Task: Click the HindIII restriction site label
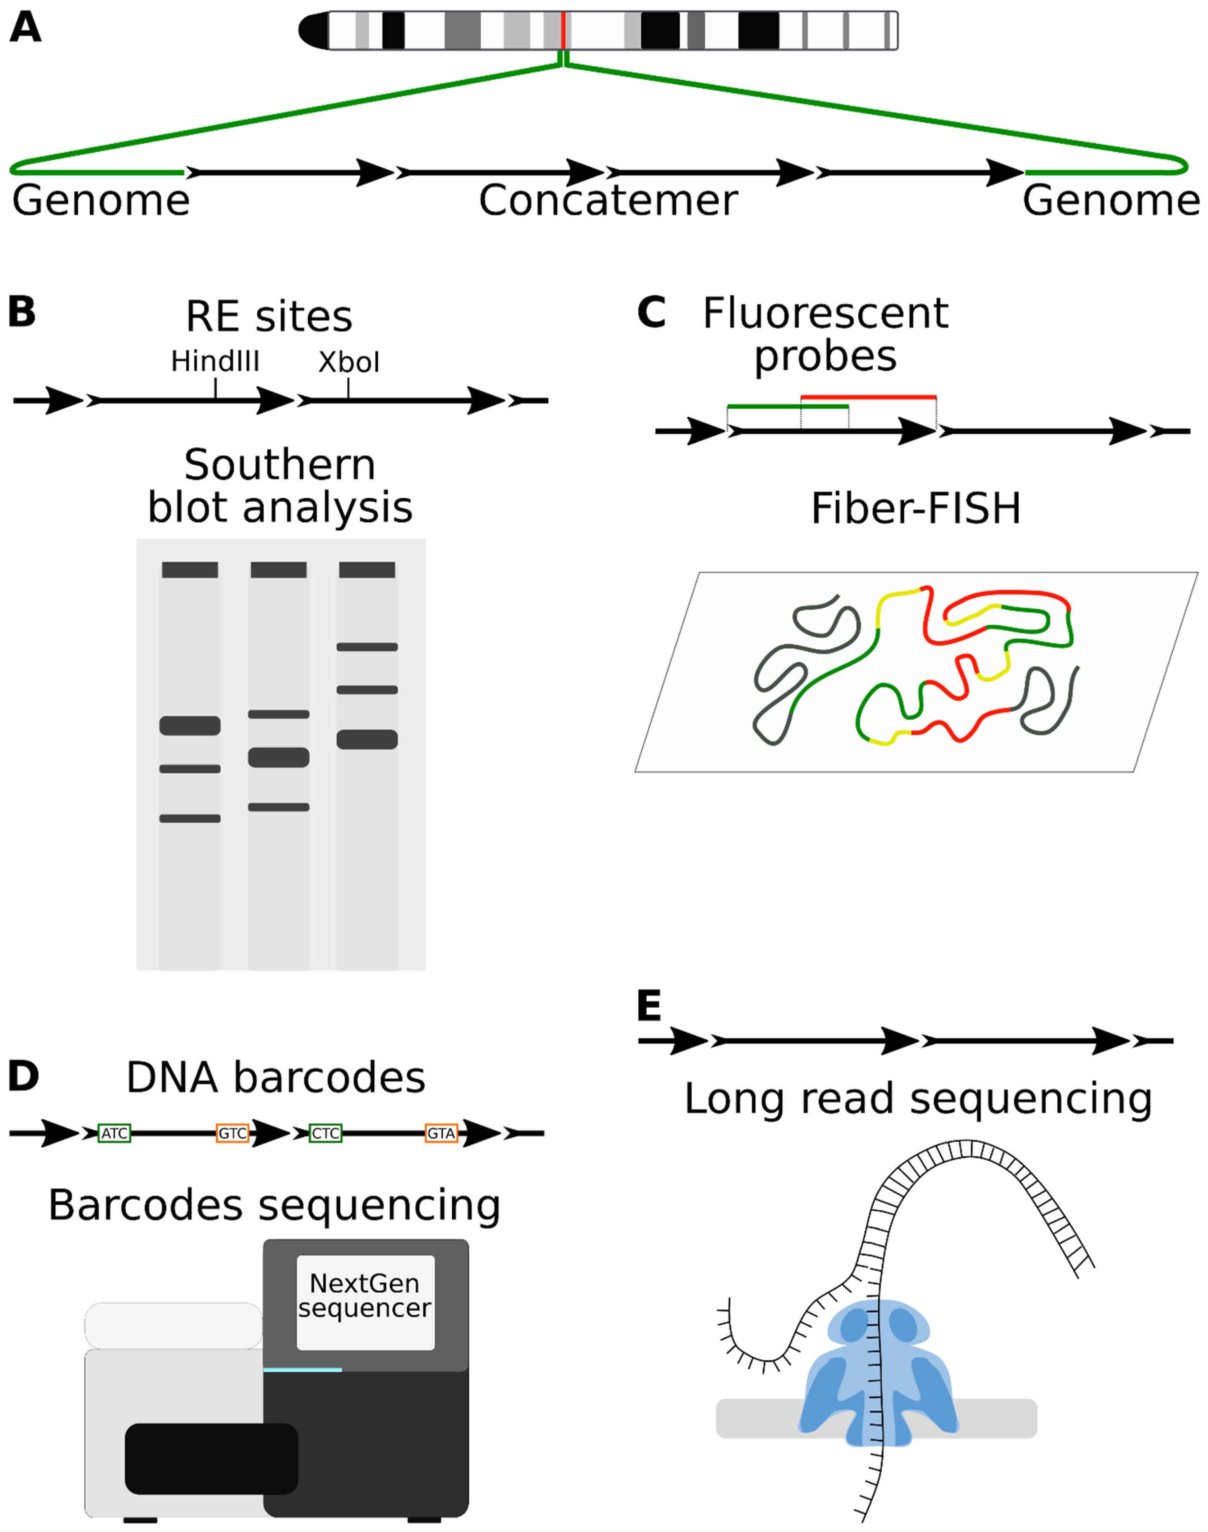coord(215,362)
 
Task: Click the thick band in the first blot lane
coord(190,725)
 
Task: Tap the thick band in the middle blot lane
coord(279,757)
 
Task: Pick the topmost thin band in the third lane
coord(367,647)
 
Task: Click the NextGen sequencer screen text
coord(365,1295)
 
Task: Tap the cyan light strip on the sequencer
coord(303,1370)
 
